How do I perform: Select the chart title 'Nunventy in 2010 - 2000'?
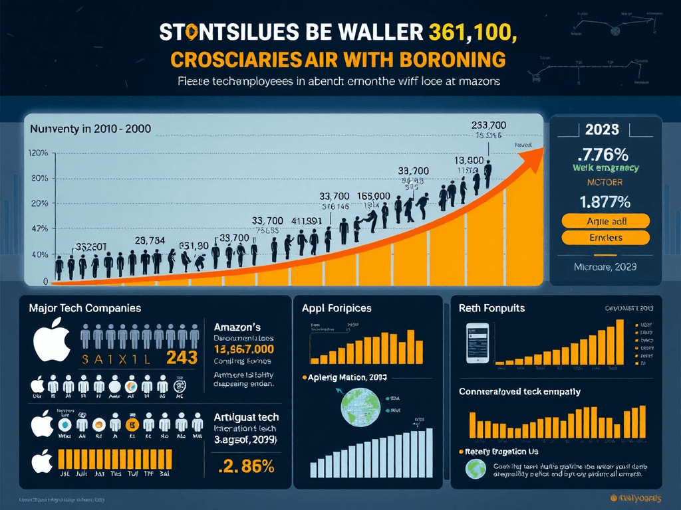[90, 129]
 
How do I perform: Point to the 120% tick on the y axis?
[39, 153]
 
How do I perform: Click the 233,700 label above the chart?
[489, 125]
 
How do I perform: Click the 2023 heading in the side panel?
[603, 129]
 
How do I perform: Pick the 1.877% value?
[605, 201]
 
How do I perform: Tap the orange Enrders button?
[605, 237]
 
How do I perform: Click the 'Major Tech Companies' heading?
[84, 308]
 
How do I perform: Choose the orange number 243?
[182, 357]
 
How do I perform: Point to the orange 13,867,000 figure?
[244, 350]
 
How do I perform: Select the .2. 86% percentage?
[246, 466]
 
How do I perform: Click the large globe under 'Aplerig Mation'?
[359, 407]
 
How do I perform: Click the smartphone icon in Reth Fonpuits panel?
[477, 343]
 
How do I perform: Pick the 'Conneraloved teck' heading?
[519, 391]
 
